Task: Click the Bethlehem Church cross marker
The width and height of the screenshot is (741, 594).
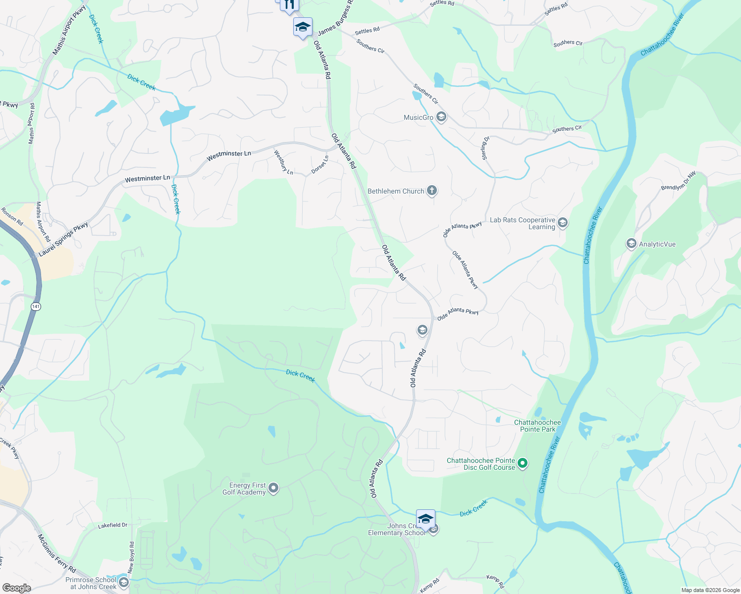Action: pos(432,191)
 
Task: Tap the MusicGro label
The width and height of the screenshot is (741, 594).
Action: pos(419,118)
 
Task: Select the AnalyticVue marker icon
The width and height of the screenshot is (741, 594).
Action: pos(631,244)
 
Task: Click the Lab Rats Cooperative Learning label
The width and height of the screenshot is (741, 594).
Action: pos(523,223)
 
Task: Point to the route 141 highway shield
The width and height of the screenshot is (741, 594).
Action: pos(36,306)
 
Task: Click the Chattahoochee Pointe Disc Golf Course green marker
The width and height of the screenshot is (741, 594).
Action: pos(523,464)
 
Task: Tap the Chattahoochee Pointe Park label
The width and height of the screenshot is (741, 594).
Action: pos(537,426)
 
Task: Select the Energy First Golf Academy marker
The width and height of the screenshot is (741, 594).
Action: pos(273,489)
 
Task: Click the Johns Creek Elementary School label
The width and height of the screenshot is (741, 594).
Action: pos(396,530)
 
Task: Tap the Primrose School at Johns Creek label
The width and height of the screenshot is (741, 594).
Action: pos(91,583)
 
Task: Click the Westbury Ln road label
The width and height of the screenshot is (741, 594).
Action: pos(284,162)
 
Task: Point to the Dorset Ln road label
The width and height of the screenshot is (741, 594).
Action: pos(320,164)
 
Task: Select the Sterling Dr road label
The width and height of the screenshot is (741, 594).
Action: pos(485,148)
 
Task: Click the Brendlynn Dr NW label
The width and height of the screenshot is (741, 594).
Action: pos(678,181)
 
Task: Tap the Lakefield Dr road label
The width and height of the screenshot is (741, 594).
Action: pos(112,525)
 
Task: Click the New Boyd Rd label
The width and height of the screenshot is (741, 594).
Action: pos(131,557)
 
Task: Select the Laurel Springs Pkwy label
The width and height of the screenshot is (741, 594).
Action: pos(63,240)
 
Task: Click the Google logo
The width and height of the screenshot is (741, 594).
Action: pos(16,588)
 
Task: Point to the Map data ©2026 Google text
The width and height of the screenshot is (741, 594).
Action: pos(710,590)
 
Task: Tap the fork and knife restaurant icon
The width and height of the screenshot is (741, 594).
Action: pos(289,5)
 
